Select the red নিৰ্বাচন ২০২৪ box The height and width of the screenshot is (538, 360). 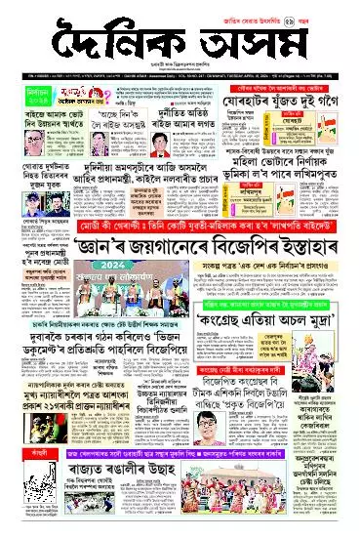tap(21, 98)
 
